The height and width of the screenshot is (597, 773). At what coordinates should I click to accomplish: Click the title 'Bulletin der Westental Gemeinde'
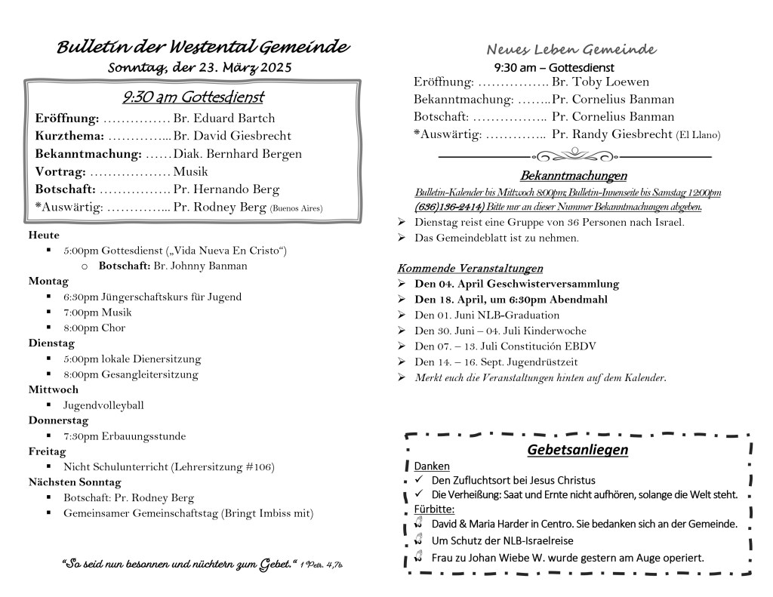coord(203,48)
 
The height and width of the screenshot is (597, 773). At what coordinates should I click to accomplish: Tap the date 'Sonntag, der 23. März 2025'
coord(199,68)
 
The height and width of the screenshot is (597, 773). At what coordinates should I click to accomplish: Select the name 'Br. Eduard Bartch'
coord(224,118)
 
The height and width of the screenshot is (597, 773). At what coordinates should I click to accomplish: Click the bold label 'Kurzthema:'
coord(68,136)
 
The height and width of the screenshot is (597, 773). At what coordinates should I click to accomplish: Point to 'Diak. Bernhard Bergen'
coord(237,154)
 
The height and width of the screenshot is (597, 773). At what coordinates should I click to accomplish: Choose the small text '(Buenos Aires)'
coord(296,208)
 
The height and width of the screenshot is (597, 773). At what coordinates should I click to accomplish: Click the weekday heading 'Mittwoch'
coord(54,390)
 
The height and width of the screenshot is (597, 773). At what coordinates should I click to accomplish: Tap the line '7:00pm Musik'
coord(97,312)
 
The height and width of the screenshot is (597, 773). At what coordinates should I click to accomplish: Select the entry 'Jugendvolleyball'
coord(103,405)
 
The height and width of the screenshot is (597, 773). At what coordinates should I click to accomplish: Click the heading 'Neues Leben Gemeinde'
coord(571,50)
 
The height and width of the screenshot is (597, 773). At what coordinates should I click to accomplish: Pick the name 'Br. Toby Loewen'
coord(600,82)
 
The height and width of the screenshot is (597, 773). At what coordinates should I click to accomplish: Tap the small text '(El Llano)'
coord(698,136)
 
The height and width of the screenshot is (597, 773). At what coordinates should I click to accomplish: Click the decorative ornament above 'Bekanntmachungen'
coord(574,156)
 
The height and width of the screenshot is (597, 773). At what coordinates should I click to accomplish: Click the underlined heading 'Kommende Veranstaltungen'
coord(470,268)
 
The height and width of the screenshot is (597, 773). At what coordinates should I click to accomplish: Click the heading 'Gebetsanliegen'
coord(577,451)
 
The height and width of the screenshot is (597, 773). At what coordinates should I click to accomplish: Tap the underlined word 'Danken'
coord(431,466)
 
